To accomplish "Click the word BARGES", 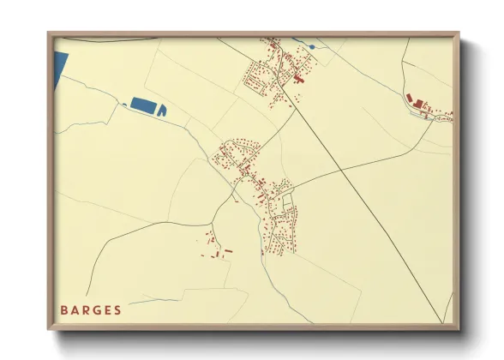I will (91, 309).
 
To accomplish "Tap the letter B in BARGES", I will (64, 309).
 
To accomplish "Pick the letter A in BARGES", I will (75, 309).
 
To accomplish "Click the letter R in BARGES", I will (86, 309).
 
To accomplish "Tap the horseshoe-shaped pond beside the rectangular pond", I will (161, 110).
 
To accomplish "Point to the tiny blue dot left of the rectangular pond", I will (126, 105).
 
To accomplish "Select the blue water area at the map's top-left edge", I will (60, 64).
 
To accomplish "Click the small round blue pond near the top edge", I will (311, 46).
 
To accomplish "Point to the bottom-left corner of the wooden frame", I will (50, 328).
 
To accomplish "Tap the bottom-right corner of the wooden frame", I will (458, 328).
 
